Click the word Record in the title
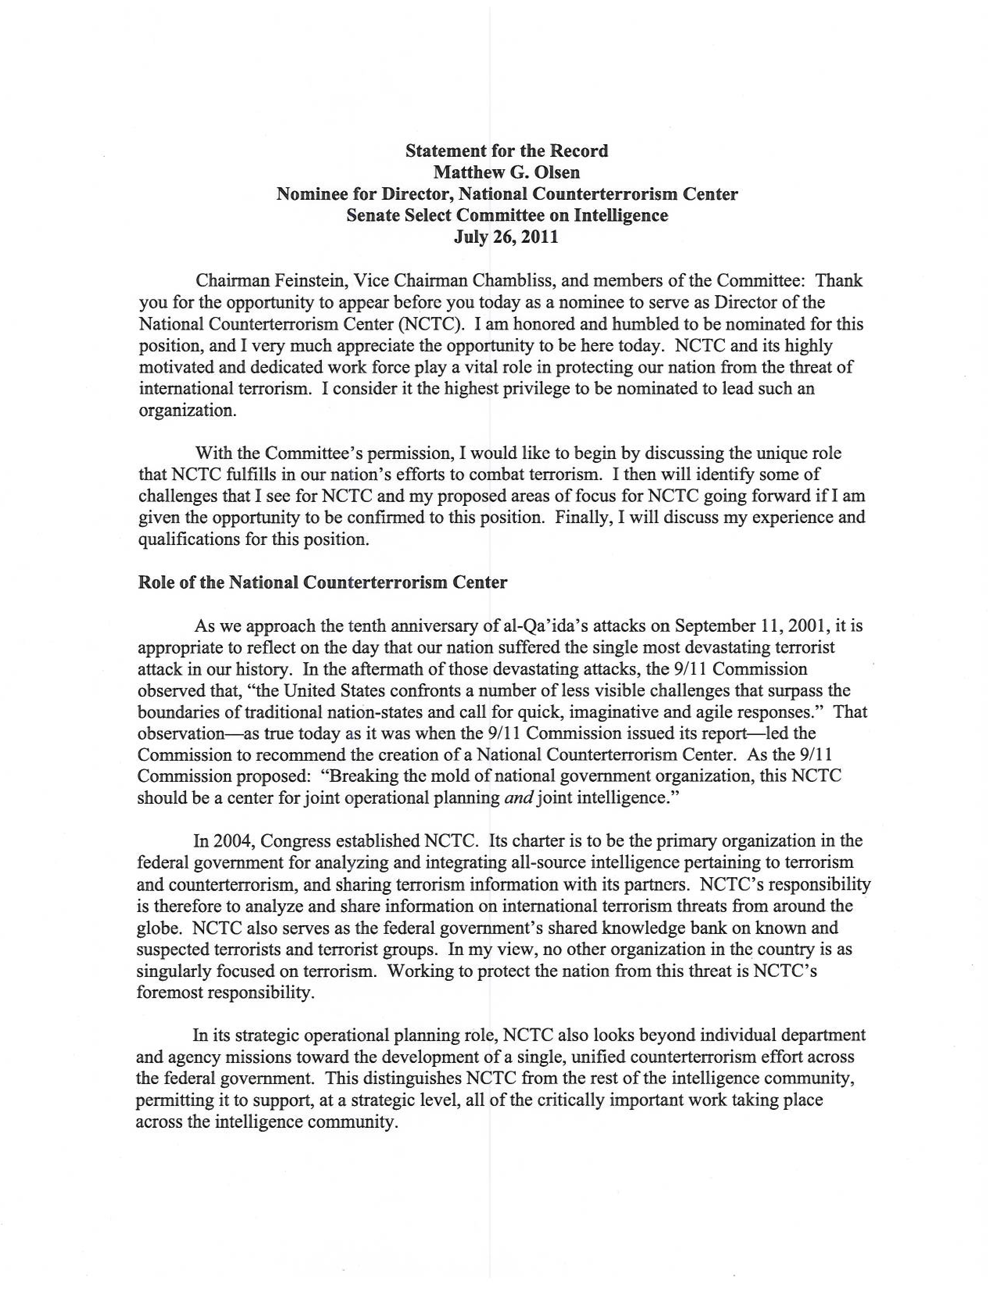point(578,151)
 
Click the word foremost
point(172,993)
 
